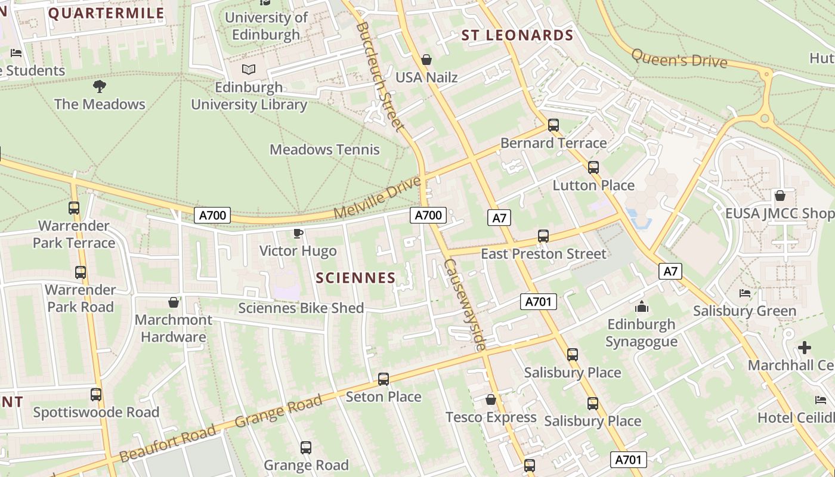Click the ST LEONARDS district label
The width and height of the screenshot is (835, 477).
tap(517, 35)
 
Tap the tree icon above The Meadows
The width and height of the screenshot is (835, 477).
tap(100, 86)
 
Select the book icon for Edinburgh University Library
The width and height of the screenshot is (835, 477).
tap(249, 70)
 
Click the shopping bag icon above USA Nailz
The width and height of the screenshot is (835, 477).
tap(426, 60)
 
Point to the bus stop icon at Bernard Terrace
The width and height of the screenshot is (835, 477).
tap(553, 125)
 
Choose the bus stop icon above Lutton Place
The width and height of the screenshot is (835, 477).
tap(593, 168)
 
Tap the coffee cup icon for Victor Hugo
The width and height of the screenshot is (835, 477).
tap(298, 233)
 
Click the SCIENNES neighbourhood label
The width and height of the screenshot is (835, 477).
tap(355, 278)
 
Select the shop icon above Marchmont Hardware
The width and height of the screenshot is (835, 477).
tap(173, 302)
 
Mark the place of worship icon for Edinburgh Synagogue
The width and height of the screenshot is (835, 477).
tap(642, 307)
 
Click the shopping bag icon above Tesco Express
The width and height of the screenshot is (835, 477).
tap(491, 399)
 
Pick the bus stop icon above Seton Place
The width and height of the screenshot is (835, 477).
tap(384, 379)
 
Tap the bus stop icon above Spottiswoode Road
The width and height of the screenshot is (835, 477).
tap(96, 395)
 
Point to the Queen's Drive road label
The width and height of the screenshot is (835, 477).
tap(679, 58)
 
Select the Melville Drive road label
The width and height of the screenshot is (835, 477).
tap(377, 197)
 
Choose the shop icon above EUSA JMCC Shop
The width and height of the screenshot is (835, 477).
tap(780, 196)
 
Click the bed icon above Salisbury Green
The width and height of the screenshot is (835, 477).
tap(745, 293)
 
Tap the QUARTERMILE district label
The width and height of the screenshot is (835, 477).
tap(106, 13)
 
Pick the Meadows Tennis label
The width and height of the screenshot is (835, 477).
tap(324, 149)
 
